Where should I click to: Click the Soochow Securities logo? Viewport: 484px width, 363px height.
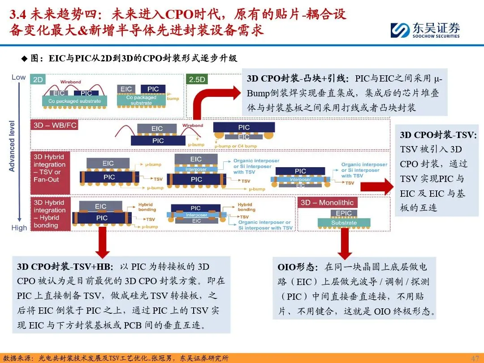coord(424,30)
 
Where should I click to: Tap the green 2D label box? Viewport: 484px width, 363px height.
coord(38,80)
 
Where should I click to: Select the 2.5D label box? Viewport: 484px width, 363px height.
coord(197,79)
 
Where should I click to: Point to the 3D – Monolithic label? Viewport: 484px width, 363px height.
coord(327,203)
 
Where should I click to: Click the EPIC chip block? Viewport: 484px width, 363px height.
coord(344,213)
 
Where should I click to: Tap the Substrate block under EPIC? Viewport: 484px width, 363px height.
coord(344,223)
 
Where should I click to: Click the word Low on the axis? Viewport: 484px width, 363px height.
coord(18,77)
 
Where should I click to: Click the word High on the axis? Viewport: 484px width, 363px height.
coord(19,228)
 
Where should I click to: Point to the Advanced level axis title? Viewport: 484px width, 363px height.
coord(12,146)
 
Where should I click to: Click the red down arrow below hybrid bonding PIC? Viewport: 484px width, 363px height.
coord(103,242)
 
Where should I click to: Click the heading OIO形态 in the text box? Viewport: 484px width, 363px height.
coord(298,267)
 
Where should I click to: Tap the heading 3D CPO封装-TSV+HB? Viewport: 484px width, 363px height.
coord(65,267)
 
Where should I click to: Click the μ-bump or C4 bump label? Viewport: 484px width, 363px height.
coord(235,146)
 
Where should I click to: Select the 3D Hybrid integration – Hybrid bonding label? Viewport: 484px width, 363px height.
coord(50,214)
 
